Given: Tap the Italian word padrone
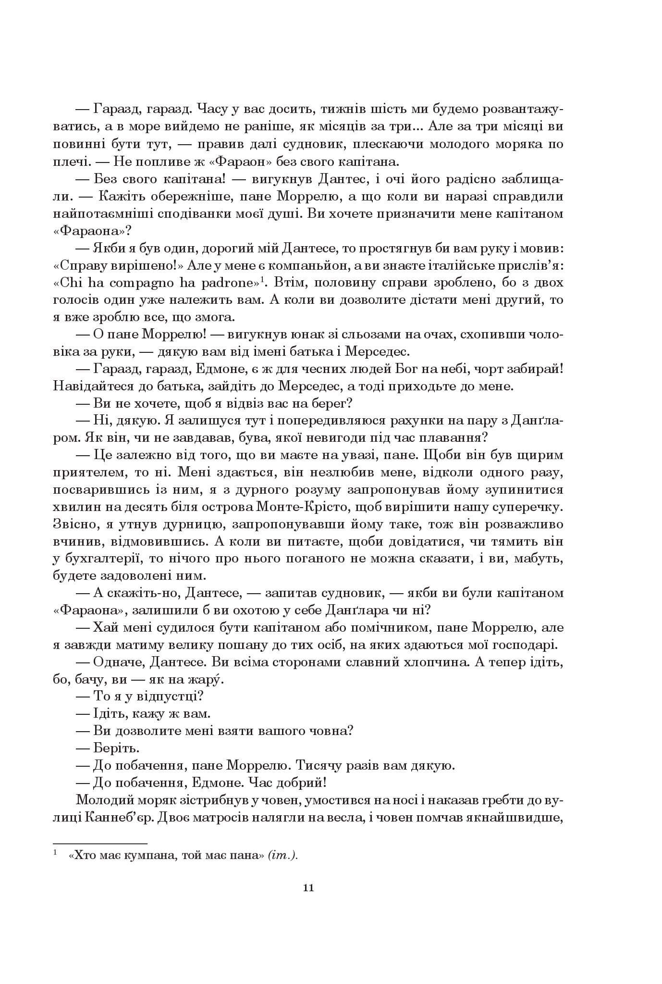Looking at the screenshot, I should (x=230, y=282).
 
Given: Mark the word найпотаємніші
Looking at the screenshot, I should (x=105, y=213).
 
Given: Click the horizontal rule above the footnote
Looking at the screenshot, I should (x=99, y=843).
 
